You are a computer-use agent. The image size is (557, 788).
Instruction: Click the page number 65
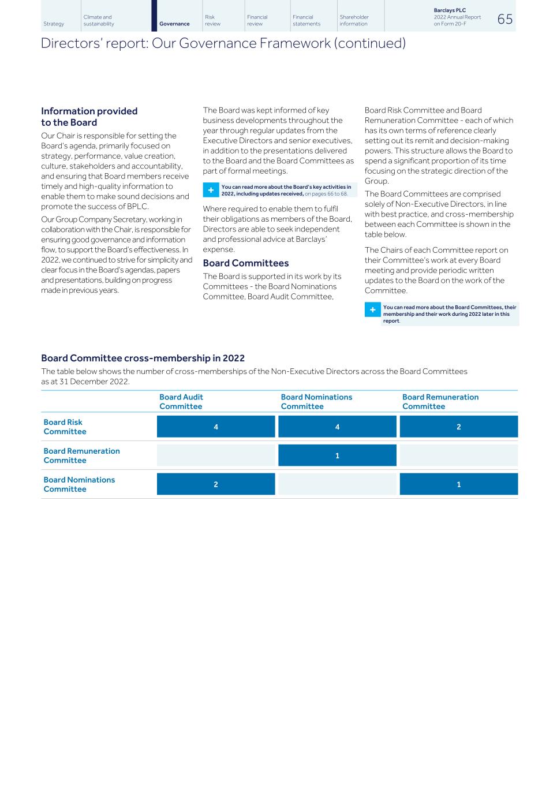tap(504, 19)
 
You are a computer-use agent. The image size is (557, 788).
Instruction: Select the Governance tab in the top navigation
tap(174, 24)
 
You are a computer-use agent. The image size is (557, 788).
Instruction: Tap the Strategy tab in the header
tap(54, 24)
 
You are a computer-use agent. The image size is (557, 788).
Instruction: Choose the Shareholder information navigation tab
tap(354, 21)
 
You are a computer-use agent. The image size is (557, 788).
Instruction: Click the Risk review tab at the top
tap(212, 21)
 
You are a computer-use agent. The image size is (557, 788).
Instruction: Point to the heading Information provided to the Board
tap(89, 117)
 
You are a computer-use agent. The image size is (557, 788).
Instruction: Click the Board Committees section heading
tap(245, 263)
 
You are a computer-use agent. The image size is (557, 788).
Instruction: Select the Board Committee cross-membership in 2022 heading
tap(143, 358)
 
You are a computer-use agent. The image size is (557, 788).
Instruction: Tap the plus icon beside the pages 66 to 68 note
tap(211, 190)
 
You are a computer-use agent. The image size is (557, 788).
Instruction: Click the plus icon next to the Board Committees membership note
tap(373, 310)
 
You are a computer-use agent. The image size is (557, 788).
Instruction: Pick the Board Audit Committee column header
tap(181, 402)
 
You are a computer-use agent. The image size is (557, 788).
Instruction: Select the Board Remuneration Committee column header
tap(440, 402)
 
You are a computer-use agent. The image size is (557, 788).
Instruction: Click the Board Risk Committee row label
tap(65, 427)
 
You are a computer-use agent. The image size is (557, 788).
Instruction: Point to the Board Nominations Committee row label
tap(79, 484)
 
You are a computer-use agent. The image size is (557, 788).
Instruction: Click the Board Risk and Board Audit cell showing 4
tap(216, 427)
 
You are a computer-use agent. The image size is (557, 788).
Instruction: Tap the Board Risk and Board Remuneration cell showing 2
tap(458, 427)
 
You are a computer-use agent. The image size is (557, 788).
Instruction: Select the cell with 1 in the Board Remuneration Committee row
tap(337, 455)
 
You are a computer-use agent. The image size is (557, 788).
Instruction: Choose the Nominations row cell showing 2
tap(216, 484)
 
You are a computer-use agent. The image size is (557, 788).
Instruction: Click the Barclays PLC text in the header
tap(450, 10)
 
